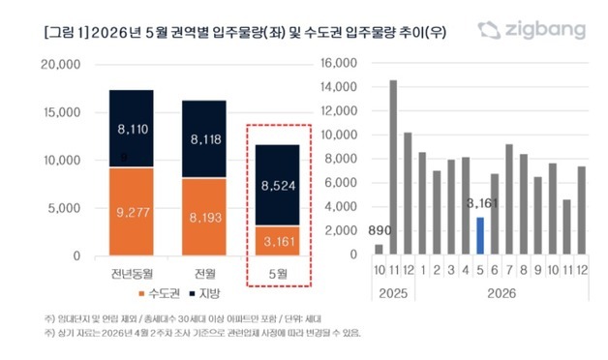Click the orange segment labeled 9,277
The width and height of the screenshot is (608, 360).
(x=131, y=211)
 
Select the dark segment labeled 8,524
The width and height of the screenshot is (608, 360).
(x=279, y=184)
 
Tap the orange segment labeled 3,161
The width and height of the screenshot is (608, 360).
(x=279, y=240)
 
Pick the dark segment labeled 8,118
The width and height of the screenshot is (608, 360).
(x=204, y=138)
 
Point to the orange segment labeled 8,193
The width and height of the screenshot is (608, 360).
(x=204, y=217)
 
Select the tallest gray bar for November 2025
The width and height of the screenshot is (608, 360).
(x=393, y=167)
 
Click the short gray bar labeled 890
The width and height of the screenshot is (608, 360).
(x=378, y=250)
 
